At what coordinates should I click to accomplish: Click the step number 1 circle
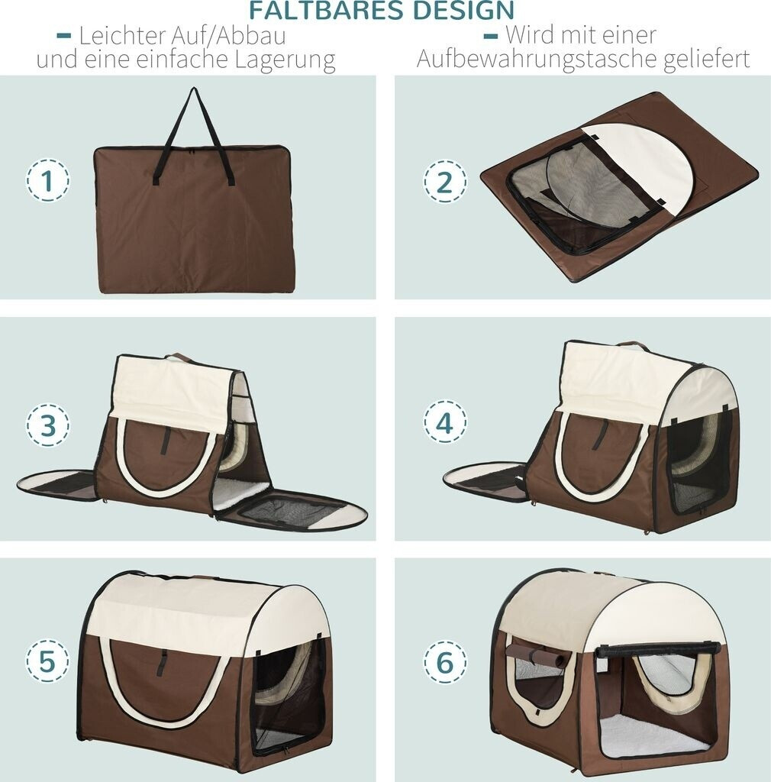point(47,180)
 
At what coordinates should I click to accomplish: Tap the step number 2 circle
point(445,181)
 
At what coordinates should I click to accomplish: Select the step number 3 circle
point(48,425)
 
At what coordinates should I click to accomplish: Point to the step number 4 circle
point(445,422)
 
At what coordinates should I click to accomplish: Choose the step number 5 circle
point(47,661)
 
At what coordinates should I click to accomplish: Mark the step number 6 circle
point(445,662)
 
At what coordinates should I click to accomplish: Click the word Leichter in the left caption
point(122,35)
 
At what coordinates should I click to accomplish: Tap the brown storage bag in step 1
point(193,219)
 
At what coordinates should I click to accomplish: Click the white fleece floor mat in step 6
point(652,733)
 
